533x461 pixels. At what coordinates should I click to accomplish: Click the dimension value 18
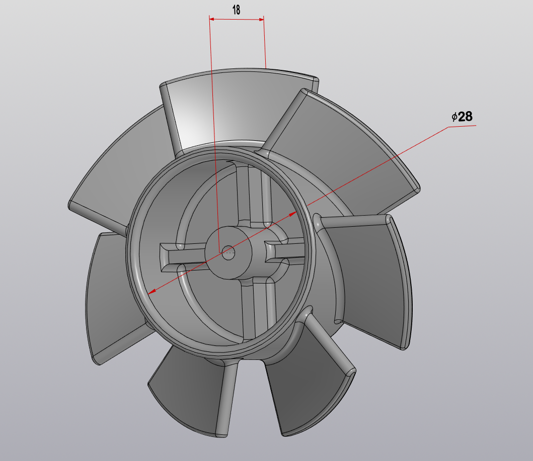[236, 10]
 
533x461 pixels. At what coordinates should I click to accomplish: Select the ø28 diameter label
[462, 117]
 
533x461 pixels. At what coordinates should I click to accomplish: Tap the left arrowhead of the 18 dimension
[212, 19]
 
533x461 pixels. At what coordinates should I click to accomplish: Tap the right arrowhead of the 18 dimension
[261, 20]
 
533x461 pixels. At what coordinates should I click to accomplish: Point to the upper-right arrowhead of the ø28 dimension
[293, 214]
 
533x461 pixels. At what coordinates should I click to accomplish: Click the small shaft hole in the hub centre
[229, 252]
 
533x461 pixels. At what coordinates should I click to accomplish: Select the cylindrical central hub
[229, 253]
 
